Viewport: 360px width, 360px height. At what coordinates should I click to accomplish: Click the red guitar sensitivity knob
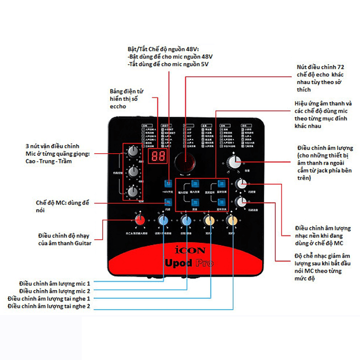click(140, 220)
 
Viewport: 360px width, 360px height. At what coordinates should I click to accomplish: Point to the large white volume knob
click(234, 162)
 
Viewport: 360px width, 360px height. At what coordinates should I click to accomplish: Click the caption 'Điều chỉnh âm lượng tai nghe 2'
click(49, 306)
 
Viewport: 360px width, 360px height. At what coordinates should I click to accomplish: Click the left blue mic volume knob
click(163, 220)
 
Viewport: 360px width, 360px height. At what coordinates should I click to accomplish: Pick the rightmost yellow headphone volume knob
click(232, 220)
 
